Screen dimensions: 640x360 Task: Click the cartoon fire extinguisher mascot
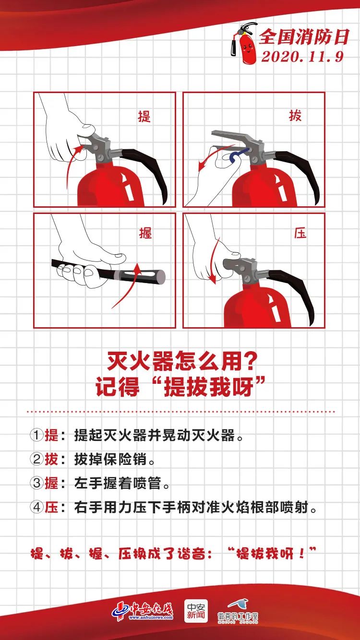[x=243, y=43]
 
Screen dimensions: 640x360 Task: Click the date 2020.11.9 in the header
[x=302, y=56]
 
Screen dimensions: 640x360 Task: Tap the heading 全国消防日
[x=302, y=36]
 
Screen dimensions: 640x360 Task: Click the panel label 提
[x=144, y=116]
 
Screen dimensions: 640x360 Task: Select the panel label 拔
[x=295, y=116]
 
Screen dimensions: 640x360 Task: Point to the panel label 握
[x=145, y=234]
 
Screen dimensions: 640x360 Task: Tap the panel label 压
[x=300, y=234]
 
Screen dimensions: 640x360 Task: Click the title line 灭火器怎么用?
[x=180, y=361]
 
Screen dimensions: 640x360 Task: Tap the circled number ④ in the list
[x=36, y=508]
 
